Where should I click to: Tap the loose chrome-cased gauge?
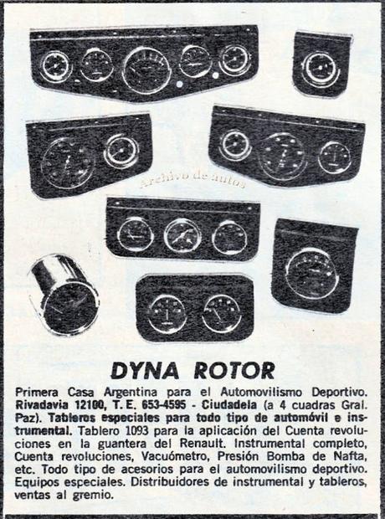pyautogui.click(x=66, y=294)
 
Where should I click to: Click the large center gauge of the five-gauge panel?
pyautogui.click(x=146, y=69)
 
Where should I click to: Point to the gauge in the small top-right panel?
pyautogui.click(x=321, y=68)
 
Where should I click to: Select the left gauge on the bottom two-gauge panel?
pyautogui.click(x=166, y=312)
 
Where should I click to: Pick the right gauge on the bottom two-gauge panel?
pyautogui.click(x=222, y=312)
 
